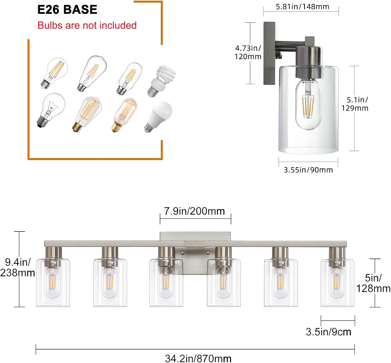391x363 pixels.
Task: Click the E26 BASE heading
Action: click(67, 10)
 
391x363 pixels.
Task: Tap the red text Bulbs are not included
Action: click(87, 25)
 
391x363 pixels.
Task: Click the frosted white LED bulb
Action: click(159, 116)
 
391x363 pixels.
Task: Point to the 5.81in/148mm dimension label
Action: click(302, 7)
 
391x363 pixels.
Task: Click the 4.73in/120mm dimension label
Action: click(248, 52)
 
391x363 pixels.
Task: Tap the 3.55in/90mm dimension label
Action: click(308, 170)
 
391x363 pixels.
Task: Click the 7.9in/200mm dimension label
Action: click(194, 211)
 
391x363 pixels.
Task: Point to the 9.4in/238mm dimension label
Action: click(17, 267)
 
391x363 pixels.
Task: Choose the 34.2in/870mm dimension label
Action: click(198, 358)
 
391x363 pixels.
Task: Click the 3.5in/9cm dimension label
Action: click(328, 332)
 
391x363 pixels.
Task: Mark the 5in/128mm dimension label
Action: click(373, 283)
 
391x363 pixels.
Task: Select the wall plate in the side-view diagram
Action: click(269, 53)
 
